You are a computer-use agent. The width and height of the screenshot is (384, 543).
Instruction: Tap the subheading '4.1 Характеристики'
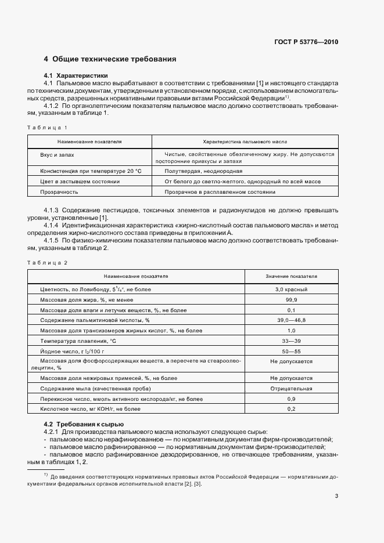click(76, 76)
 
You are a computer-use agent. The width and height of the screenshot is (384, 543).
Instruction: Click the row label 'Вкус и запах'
click(57, 155)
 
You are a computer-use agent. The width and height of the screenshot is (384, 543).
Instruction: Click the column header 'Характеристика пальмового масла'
click(244, 142)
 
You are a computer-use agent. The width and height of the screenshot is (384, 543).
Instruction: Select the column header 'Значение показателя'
click(292, 277)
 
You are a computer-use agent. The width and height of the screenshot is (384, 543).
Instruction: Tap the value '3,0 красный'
click(292, 289)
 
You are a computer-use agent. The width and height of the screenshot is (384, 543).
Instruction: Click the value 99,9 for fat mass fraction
click(292, 299)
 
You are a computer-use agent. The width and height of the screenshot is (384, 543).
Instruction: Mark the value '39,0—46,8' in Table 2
click(292, 320)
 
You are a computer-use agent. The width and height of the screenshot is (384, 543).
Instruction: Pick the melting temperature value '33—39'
click(292, 341)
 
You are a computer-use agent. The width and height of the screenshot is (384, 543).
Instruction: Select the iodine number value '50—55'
click(292, 351)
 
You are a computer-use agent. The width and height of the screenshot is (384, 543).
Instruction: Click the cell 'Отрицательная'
click(292, 389)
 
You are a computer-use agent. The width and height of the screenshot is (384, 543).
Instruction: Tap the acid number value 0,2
click(292, 409)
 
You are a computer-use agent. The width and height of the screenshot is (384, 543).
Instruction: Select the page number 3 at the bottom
click(336, 495)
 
